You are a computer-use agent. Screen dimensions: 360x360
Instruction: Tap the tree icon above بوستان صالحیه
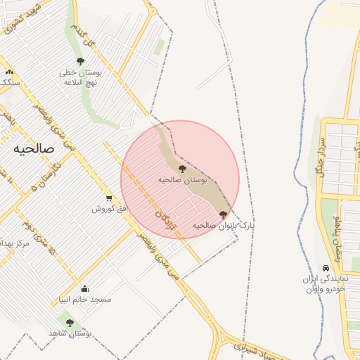click(183, 169)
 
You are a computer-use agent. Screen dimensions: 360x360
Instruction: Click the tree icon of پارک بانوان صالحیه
click(224, 214)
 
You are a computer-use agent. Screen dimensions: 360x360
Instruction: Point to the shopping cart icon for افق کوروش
click(109, 198)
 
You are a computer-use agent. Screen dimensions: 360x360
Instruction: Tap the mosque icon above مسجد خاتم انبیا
click(85, 288)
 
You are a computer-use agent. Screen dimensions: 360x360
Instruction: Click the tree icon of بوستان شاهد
click(69, 323)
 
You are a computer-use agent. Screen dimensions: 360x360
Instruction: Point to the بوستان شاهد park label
click(67, 333)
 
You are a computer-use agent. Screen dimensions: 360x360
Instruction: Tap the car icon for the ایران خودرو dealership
click(326, 269)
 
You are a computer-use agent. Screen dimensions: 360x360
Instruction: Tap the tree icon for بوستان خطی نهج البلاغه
click(80, 61)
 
